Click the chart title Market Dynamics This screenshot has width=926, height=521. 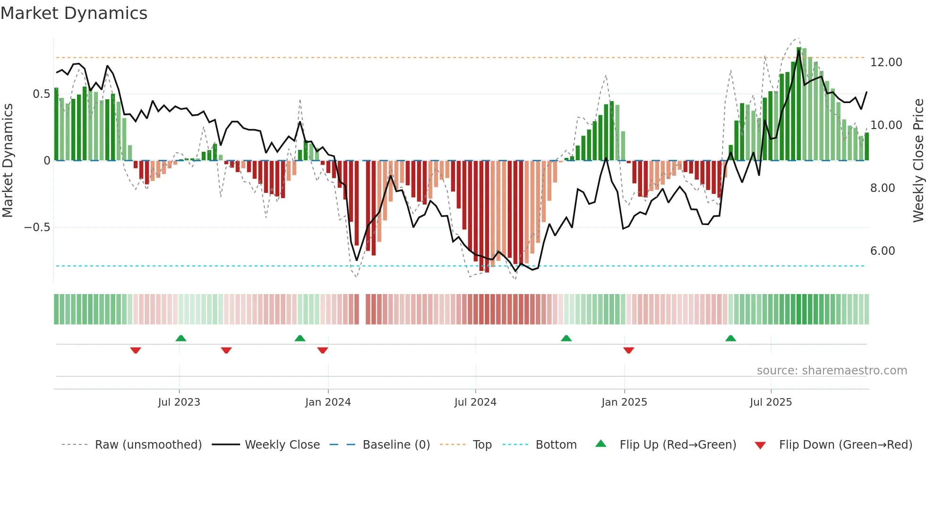(74, 13)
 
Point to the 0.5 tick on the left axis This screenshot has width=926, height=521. (41, 94)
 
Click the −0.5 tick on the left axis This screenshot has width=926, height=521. (37, 227)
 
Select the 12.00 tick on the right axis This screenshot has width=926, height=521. (886, 62)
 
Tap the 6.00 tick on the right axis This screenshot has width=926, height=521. (882, 251)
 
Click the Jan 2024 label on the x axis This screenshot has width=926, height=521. (328, 402)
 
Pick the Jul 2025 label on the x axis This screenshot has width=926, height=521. (771, 402)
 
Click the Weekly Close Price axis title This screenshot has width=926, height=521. (918, 160)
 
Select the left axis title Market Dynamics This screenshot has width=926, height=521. (8, 160)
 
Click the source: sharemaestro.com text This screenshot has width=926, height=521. (832, 371)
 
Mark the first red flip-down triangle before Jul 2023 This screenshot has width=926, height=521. (136, 350)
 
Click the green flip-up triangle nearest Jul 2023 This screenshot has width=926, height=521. (181, 338)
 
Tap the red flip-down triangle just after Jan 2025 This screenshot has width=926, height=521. (628, 350)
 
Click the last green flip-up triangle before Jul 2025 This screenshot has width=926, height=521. (730, 338)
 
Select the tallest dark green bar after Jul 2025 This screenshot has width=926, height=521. (799, 104)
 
